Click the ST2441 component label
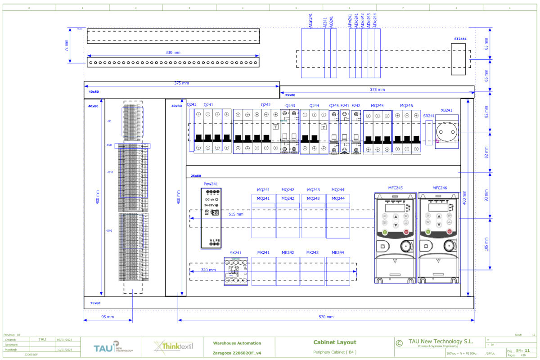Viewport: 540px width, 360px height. pyautogui.click(x=460, y=39)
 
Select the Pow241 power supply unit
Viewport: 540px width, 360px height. pyautogui.click(x=211, y=218)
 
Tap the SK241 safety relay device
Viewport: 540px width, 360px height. pyautogui.click(x=236, y=271)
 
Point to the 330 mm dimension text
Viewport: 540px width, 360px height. pyautogui.click(x=173, y=53)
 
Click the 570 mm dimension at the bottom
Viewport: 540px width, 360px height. pyautogui.click(x=326, y=317)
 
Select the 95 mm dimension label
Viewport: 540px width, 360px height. pyautogui.click(x=108, y=317)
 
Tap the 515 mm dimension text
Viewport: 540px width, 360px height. pyautogui.click(x=236, y=214)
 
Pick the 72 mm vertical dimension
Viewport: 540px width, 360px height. pyautogui.click(x=66, y=45)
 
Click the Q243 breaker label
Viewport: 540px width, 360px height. pyautogui.click(x=290, y=106)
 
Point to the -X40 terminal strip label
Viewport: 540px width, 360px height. pyautogui.click(x=109, y=231)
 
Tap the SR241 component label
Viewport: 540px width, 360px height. pyautogui.click(x=429, y=116)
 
